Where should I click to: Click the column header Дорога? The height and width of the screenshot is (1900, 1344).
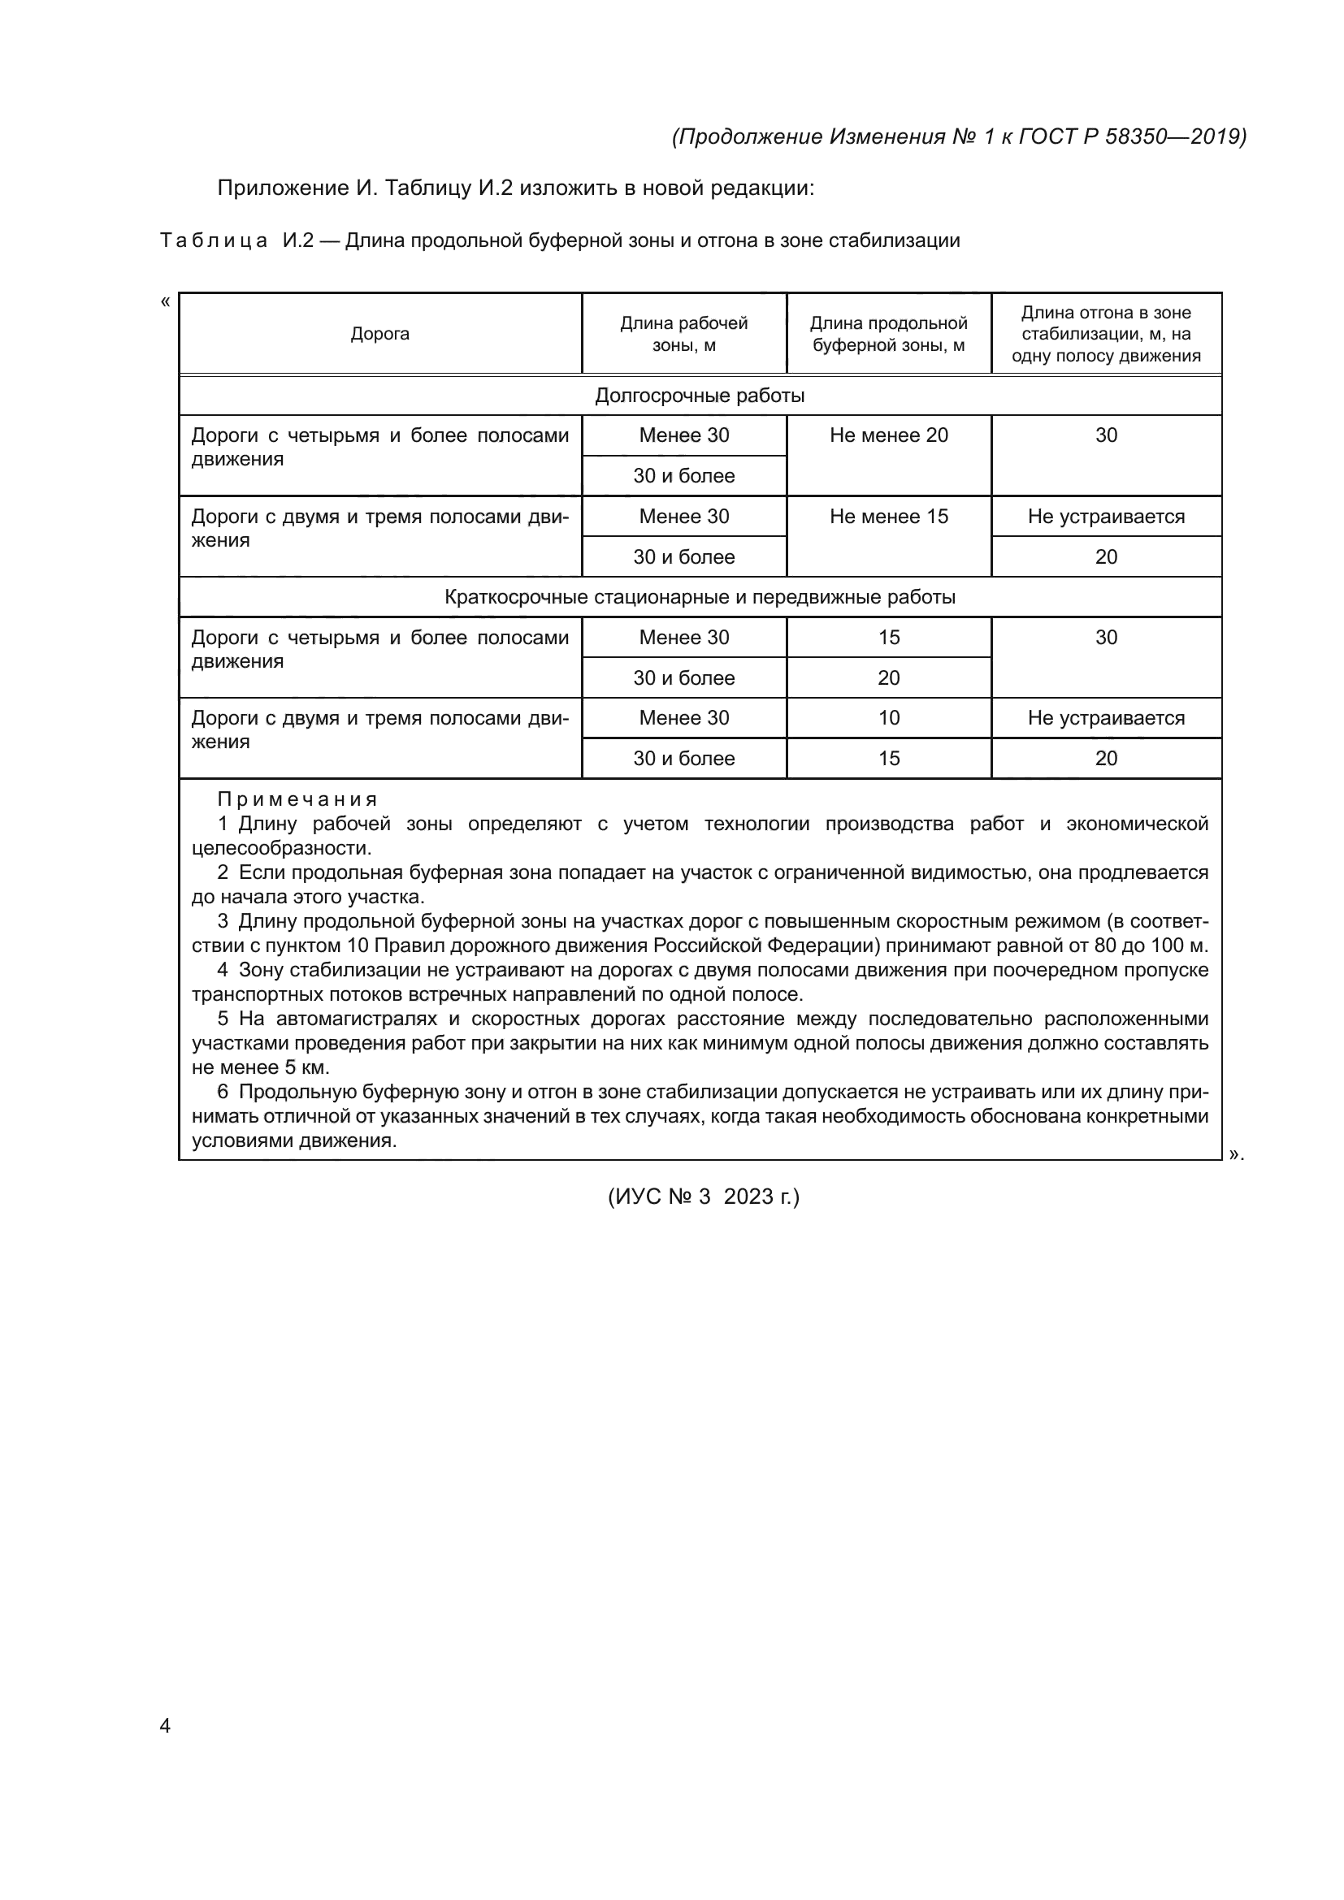pos(379,334)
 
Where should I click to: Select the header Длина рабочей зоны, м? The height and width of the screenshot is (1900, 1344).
pos(683,334)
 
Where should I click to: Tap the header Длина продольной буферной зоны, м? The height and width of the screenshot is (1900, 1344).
pos(888,334)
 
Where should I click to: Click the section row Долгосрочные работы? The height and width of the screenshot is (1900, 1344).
pos(700,396)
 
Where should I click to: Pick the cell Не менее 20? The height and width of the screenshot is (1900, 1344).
pos(889,435)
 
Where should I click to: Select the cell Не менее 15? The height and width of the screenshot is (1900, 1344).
pos(889,517)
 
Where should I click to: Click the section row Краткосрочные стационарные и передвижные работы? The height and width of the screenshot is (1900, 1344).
pos(700,597)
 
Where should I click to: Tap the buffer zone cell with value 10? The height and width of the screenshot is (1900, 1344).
pos(889,717)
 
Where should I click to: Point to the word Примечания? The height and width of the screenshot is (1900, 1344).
pos(297,799)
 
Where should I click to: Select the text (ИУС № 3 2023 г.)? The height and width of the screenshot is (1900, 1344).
pos(704,1197)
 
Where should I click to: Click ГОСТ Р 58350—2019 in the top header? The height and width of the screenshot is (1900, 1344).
pos(1131,136)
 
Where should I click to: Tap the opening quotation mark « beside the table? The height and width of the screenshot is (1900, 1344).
pos(166,302)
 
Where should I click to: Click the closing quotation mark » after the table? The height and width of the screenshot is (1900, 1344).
pos(1236,1154)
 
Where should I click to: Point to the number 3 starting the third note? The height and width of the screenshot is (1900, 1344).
pos(223,921)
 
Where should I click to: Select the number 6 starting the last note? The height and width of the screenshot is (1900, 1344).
pos(223,1092)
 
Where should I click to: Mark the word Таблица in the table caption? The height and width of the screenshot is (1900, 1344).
pos(214,240)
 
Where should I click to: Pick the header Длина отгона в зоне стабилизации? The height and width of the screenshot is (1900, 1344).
pos(1106,334)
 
